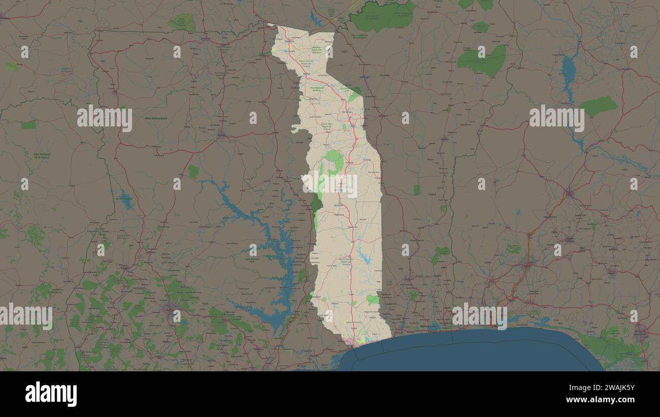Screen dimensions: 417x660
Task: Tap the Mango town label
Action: [x=307, y=74]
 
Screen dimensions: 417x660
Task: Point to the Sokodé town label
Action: [x=349, y=162]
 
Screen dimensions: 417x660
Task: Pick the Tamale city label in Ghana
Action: [x=222, y=135]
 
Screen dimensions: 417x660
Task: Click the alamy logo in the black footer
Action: [x=51, y=394]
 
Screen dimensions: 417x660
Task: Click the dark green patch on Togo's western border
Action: [x=316, y=204]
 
